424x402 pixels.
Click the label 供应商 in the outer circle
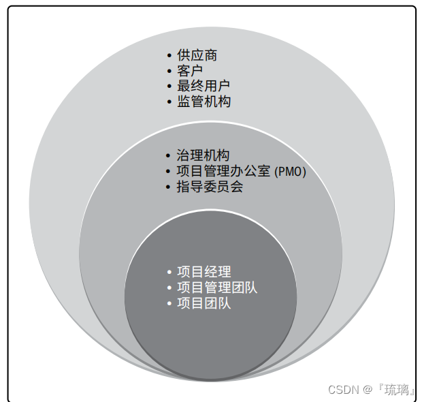point(197,55)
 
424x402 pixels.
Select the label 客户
point(190,70)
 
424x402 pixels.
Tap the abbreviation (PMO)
point(290,172)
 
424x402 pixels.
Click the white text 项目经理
point(203,273)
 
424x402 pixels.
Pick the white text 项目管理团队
point(217,288)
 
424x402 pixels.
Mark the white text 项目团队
point(203,303)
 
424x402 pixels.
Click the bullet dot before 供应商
point(169,56)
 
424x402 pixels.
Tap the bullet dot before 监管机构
point(169,102)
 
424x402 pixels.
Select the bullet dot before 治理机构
point(169,157)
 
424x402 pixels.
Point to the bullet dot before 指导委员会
point(169,187)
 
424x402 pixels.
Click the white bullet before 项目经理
point(169,273)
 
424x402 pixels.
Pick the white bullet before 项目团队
point(169,304)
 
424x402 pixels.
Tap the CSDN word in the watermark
point(342,390)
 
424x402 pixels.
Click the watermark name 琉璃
point(398,390)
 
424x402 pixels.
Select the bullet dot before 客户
point(169,71)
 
